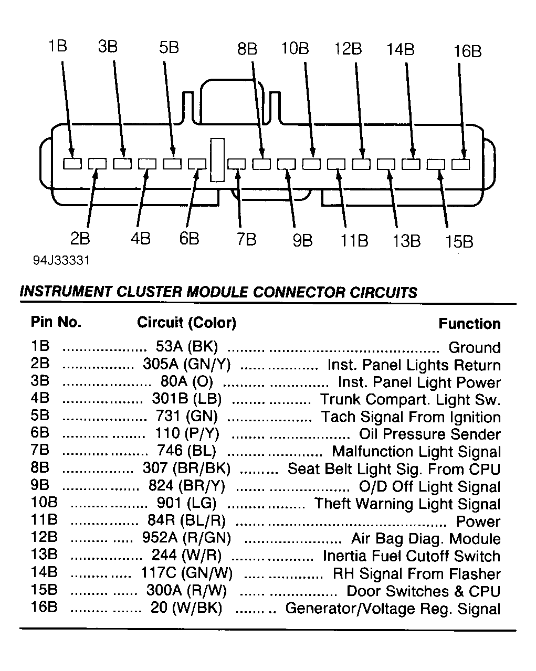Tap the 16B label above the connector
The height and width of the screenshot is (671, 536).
point(467,51)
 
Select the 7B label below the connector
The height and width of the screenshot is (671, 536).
point(246,239)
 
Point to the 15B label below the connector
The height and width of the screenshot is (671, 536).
point(459,241)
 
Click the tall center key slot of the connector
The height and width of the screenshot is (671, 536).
point(217,160)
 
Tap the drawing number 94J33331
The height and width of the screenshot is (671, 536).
point(58,261)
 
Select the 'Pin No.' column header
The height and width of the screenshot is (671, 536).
point(56,322)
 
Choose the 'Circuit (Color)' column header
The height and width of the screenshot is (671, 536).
point(186,322)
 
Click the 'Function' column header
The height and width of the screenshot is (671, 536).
point(469,324)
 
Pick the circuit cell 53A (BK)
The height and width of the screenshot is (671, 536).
point(187,347)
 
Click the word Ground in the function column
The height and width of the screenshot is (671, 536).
point(475,347)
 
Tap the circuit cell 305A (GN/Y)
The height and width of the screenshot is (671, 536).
point(187,364)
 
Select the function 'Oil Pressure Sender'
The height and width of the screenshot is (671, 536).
point(429,434)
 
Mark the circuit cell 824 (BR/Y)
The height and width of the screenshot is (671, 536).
point(187,486)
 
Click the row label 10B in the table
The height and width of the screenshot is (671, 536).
point(44,503)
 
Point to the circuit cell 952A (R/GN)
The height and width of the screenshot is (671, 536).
point(187,538)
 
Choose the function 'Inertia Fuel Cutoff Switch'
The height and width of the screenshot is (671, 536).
point(412,556)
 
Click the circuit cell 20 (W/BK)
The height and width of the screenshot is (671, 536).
point(187,608)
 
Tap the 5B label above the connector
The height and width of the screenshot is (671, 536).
point(169,48)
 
